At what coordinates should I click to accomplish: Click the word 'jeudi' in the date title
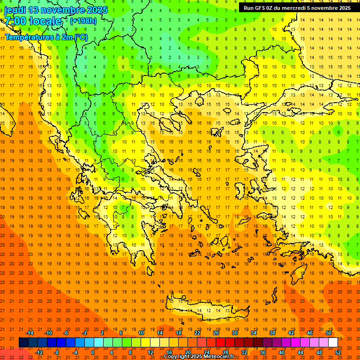click(15, 9)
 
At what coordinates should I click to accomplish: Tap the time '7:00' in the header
click(15, 21)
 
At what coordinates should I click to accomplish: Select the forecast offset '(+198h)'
click(83, 21)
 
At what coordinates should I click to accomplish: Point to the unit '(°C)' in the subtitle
click(80, 37)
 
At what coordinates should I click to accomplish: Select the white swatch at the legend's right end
click(333, 343)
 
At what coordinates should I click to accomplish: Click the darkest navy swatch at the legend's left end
click(23, 343)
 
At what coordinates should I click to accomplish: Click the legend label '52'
click(338, 352)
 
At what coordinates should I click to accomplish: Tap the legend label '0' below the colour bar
click(92, 352)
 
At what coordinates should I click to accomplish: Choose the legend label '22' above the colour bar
click(197, 333)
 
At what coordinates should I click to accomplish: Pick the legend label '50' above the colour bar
click(329, 333)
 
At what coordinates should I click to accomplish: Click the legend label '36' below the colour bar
click(263, 352)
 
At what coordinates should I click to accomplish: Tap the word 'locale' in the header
click(45, 21)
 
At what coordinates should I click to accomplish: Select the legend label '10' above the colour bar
click(141, 333)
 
